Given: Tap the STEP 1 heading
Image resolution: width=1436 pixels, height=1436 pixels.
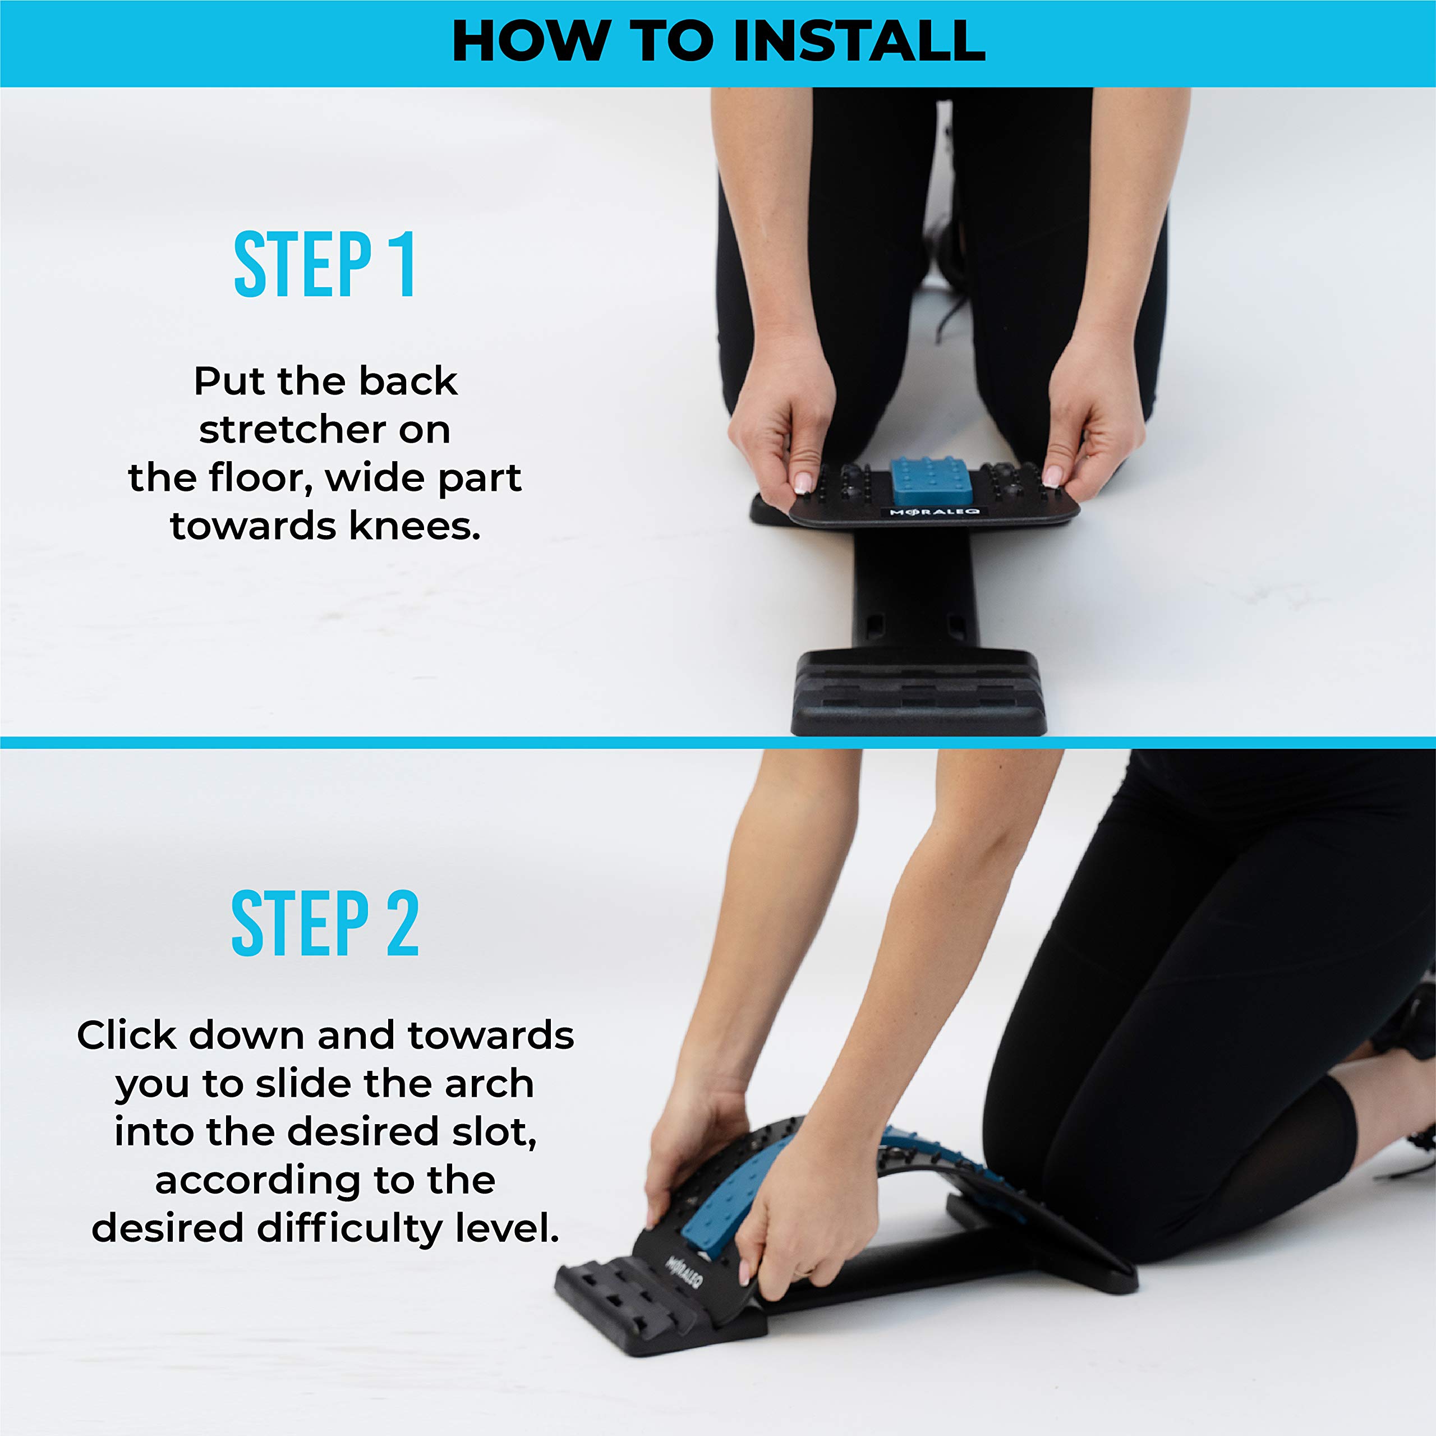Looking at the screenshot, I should pyautogui.click(x=325, y=265).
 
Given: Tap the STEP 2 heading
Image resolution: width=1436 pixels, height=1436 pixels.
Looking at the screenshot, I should pyautogui.click(x=325, y=924).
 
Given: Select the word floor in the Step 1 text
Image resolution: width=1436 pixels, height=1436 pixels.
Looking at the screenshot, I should pyautogui.click(x=261, y=478).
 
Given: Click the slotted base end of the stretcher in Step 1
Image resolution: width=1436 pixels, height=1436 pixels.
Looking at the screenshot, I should pyautogui.click(x=919, y=693).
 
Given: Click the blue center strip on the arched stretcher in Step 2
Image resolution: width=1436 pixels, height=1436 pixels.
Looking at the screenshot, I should pyautogui.click(x=732, y=1196).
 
